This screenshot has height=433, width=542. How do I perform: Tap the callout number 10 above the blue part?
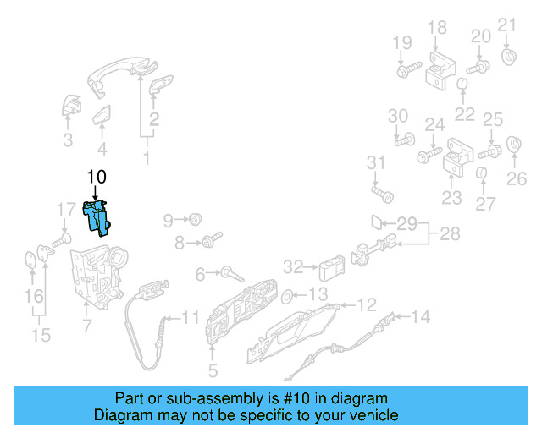coord(96,177)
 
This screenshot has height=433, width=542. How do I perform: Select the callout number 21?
coord(506,24)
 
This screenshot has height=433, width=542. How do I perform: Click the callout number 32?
coord(292,268)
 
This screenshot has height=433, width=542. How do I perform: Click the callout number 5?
coord(212,370)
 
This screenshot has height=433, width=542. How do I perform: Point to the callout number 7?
coord(86,324)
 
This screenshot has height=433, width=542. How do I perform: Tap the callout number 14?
coord(420,317)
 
